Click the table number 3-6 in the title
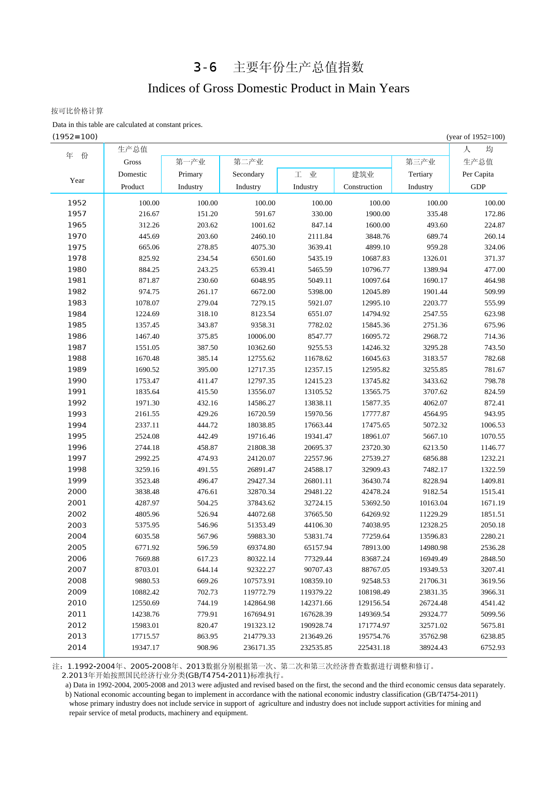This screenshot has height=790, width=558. pyautogui.click(x=205, y=68)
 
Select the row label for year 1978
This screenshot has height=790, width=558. pyautogui.click(x=77, y=259)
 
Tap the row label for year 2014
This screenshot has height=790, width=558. pyautogui.click(x=77, y=648)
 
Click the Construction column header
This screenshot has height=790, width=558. pyautogui.click(x=363, y=187)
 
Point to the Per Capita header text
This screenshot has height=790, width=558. pyautogui.click(x=477, y=174)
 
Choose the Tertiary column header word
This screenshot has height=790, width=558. pyautogui.click(x=420, y=174)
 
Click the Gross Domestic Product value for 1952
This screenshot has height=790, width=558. pyautogui.click(x=149, y=203)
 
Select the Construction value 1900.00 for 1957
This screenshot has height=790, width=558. pyautogui.click(x=378, y=214)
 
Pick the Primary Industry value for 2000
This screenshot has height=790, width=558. pyautogui.click(x=207, y=492)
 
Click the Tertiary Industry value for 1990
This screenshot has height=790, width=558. pyautogui.click(x=435, y=381)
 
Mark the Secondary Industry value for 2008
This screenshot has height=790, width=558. pyautogui.click(x=259, y=581)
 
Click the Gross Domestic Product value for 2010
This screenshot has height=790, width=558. pyautogui.click(x=145, y=603)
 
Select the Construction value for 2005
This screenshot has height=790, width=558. pyautogui.click(x=376, y=548)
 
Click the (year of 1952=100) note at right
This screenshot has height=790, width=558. pyautogui.click(x=475, y=137)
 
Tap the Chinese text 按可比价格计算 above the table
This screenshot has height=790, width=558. pyautogui.click(x=77, y=111)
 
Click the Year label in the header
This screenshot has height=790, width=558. pyautogui.click(x=77, y=181)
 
